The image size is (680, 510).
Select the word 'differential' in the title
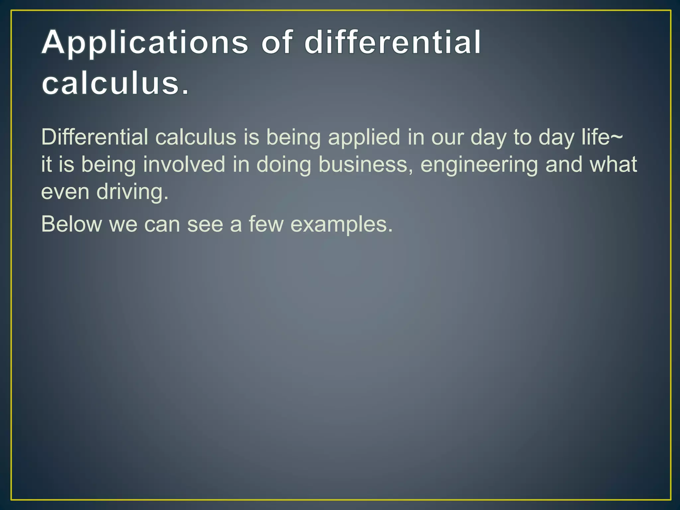point(392,42)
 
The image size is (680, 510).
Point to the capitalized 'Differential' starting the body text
point(95,137)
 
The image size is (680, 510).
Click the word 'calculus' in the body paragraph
point(196,137)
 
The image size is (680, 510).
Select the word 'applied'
point(364,137)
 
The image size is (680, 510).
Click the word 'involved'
point(184,164)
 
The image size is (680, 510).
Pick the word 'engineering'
point(479,165)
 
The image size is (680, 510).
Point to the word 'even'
point(65,192)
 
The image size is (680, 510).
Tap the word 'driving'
point(132,193)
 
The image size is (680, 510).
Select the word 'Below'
point(71,224)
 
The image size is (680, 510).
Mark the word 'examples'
point(341,225)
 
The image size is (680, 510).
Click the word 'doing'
point(284,165)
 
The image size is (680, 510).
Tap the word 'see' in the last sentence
point(205,224)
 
